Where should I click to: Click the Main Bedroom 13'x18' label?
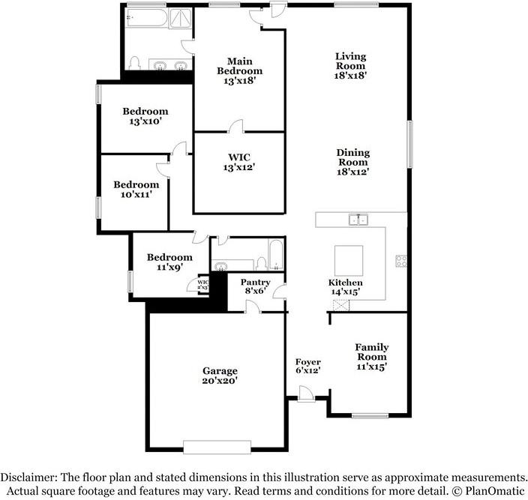(x=239, y=70)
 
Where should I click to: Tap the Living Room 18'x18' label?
(x=350, y=65)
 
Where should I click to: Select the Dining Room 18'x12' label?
(x=352, y=162)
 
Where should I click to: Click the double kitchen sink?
(x=358, y=219)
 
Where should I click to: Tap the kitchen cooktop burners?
(x=401, y=262)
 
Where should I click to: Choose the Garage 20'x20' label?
(x=220, y=376)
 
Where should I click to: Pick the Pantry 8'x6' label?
(x=254, y=286)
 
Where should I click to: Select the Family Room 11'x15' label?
(x=371, y=357)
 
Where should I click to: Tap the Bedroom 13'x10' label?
(x=145, y=116)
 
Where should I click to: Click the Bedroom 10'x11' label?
(x=136, y=189)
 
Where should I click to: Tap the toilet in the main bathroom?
(x=135, y=63)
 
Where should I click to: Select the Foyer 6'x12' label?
(x=307, y=367)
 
